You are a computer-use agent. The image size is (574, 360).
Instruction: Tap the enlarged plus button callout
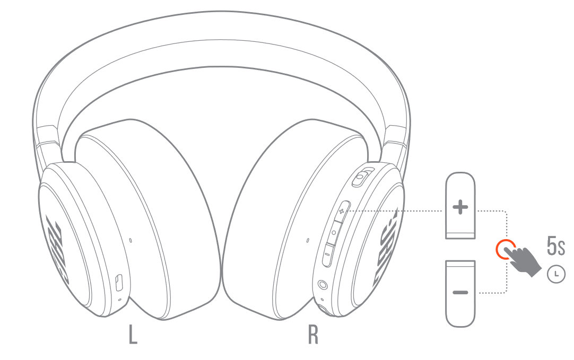(x=460, y=207)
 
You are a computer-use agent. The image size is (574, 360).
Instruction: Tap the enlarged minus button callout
(x=460, y=292)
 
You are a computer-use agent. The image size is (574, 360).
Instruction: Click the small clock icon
(x=555, y=274)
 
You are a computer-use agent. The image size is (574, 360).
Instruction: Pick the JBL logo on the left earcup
(x=55, y=247)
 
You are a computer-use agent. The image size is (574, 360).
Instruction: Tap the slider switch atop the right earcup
(x=362, y=177)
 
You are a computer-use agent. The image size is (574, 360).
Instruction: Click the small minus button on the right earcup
(x=327, y=254)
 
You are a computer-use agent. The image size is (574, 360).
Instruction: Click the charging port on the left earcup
(x=119, y=282)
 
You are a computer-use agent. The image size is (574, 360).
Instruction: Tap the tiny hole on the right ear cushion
(x=308, y=241)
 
